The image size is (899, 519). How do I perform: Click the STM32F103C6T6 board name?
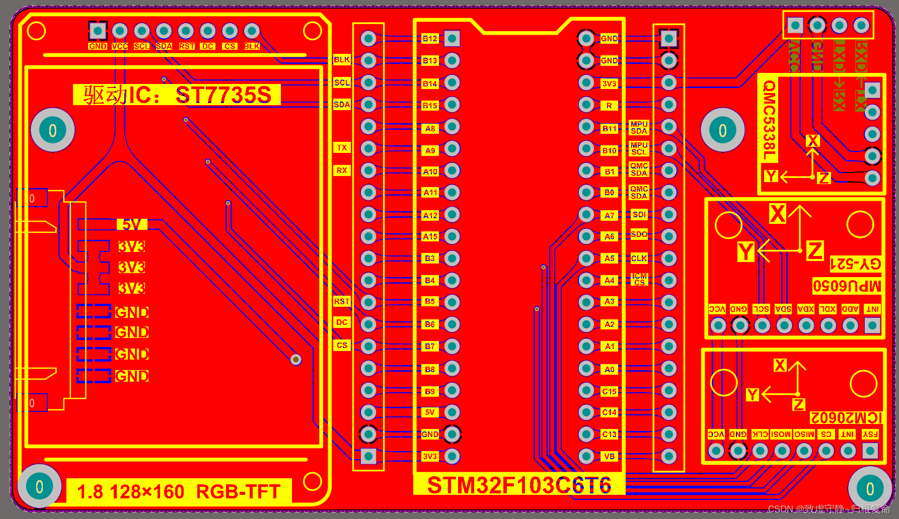click(519, 485)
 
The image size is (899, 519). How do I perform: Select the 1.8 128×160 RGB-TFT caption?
click(179, 491)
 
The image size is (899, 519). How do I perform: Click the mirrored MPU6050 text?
click(847, 286)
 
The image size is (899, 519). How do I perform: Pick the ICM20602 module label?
click(846, 418)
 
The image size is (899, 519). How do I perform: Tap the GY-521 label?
click(855, 264)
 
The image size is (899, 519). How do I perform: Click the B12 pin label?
click(430, 39)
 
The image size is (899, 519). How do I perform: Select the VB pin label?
click(609, 457)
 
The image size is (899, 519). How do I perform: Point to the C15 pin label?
click(609, 391)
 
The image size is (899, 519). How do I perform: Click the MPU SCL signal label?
click(639, 148)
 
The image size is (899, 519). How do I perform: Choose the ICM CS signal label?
click(639, 280)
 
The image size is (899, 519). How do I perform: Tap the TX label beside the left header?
click(342, 148)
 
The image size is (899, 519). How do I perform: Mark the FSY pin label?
click(870, 434)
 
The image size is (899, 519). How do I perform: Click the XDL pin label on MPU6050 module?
click(828, 309)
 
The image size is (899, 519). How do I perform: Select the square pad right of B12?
click(452, 38)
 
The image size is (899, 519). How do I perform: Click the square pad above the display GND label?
click(98, 31)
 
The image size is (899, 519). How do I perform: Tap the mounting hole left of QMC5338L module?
click(722, 130)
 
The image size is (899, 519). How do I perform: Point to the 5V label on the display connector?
click(132, 224)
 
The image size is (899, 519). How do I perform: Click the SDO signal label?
click(639, 234)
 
